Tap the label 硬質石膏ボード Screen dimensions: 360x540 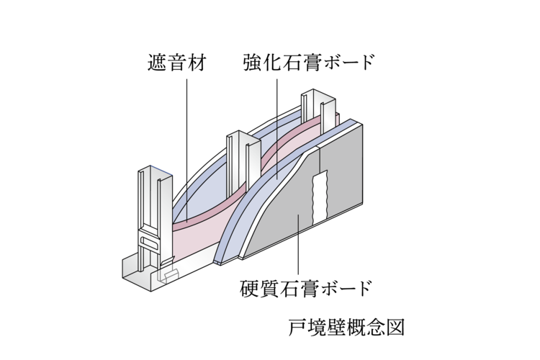click(x=307, y=289)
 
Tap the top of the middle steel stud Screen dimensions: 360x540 click(x=242, y=135)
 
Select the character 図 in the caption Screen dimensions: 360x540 click(x=399, y=328)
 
